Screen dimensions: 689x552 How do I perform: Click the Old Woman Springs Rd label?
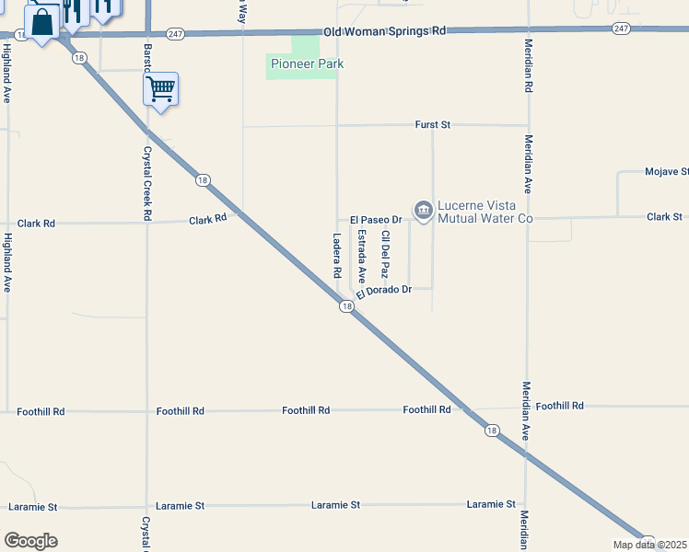[385, 30]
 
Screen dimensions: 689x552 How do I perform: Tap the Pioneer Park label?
[300, 64]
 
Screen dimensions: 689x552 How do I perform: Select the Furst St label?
[432, 124]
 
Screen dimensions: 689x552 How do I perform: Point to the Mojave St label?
[666, 172]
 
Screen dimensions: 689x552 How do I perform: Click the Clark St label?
[664, 217]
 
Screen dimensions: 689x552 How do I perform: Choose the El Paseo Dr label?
[376, 220]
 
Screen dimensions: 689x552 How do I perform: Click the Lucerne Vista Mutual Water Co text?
[485, 212]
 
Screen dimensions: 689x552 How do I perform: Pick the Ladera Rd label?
[337, 255]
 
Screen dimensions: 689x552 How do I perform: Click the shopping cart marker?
[160, 89]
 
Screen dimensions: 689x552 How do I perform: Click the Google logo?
[30, 541]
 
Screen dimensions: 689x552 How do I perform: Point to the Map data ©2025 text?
[649, 545]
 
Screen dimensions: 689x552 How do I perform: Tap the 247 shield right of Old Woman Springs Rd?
[620, 29]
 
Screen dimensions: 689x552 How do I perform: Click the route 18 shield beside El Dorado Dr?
[346, 306]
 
